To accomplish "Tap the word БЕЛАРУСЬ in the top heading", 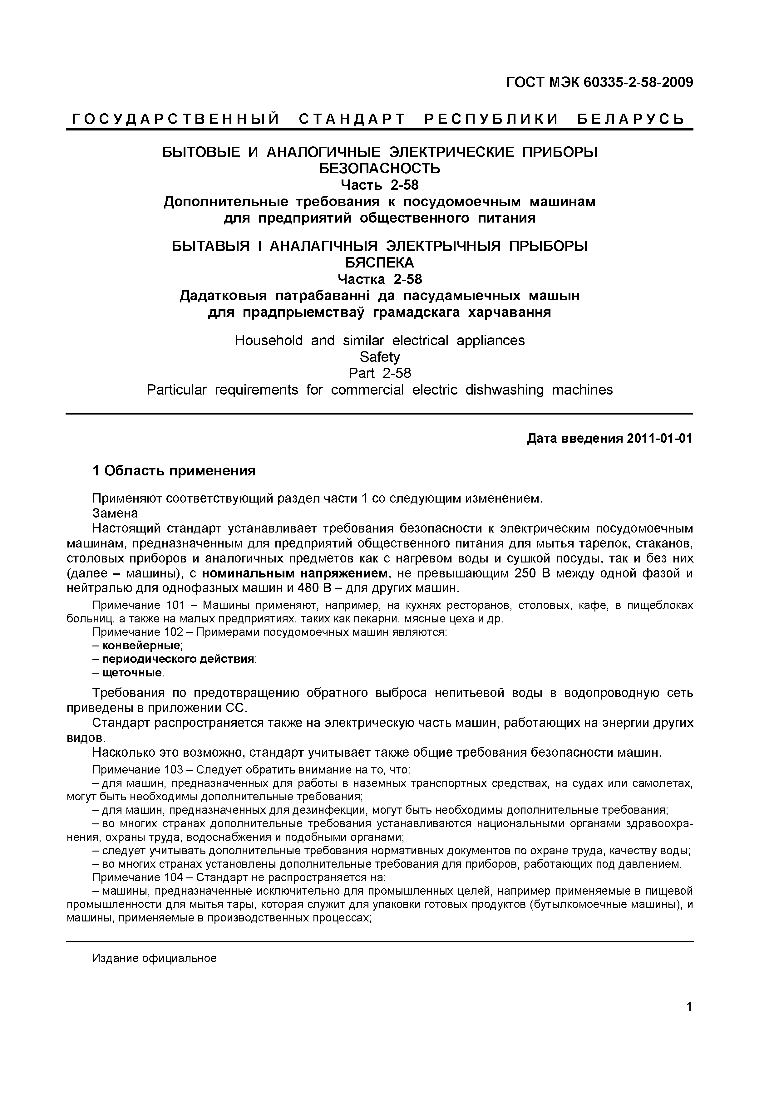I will click(631, 119).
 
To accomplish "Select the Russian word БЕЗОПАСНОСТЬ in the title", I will click(379, 168).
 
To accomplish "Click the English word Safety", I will click(379, 357).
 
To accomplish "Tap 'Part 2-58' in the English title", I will click(379, 373).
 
